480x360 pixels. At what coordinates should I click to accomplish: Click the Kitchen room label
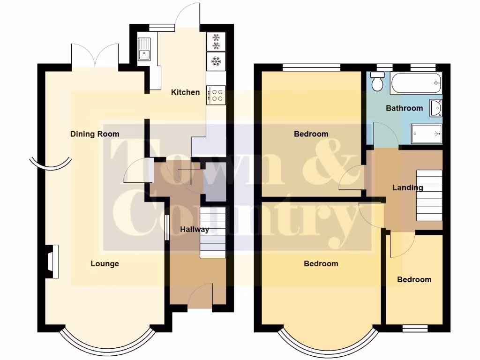pyautogui.click(x=185, y=92)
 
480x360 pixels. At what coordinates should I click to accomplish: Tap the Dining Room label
pyautogui.click(x=95, y=134)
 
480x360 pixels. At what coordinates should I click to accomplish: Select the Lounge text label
pyautogui.click(x=105, y=264)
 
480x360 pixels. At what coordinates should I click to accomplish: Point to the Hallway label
pyautogui.click(x=195, y=230)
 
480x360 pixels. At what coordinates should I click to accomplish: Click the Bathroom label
pyautogui.click(x=404, y=108)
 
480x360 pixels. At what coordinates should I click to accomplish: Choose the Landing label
pyautogui.click(x=407, y=188)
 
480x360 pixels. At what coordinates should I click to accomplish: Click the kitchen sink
pyautogui.click(x=144, y=50)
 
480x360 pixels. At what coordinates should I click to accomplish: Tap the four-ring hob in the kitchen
pyautogui.click(x=217, y=95)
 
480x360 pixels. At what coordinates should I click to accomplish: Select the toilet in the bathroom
pyautogui.click(x=376, y=82)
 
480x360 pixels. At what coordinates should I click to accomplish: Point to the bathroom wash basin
pyautogui.click(x=436, y=108)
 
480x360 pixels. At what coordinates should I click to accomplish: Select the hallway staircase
pyautogui.click(x=213, y=233)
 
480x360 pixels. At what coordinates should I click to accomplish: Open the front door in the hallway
pyautogui.click(x=200, y=295)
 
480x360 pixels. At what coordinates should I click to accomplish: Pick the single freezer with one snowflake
pyautogui.click(x=216, y=61)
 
